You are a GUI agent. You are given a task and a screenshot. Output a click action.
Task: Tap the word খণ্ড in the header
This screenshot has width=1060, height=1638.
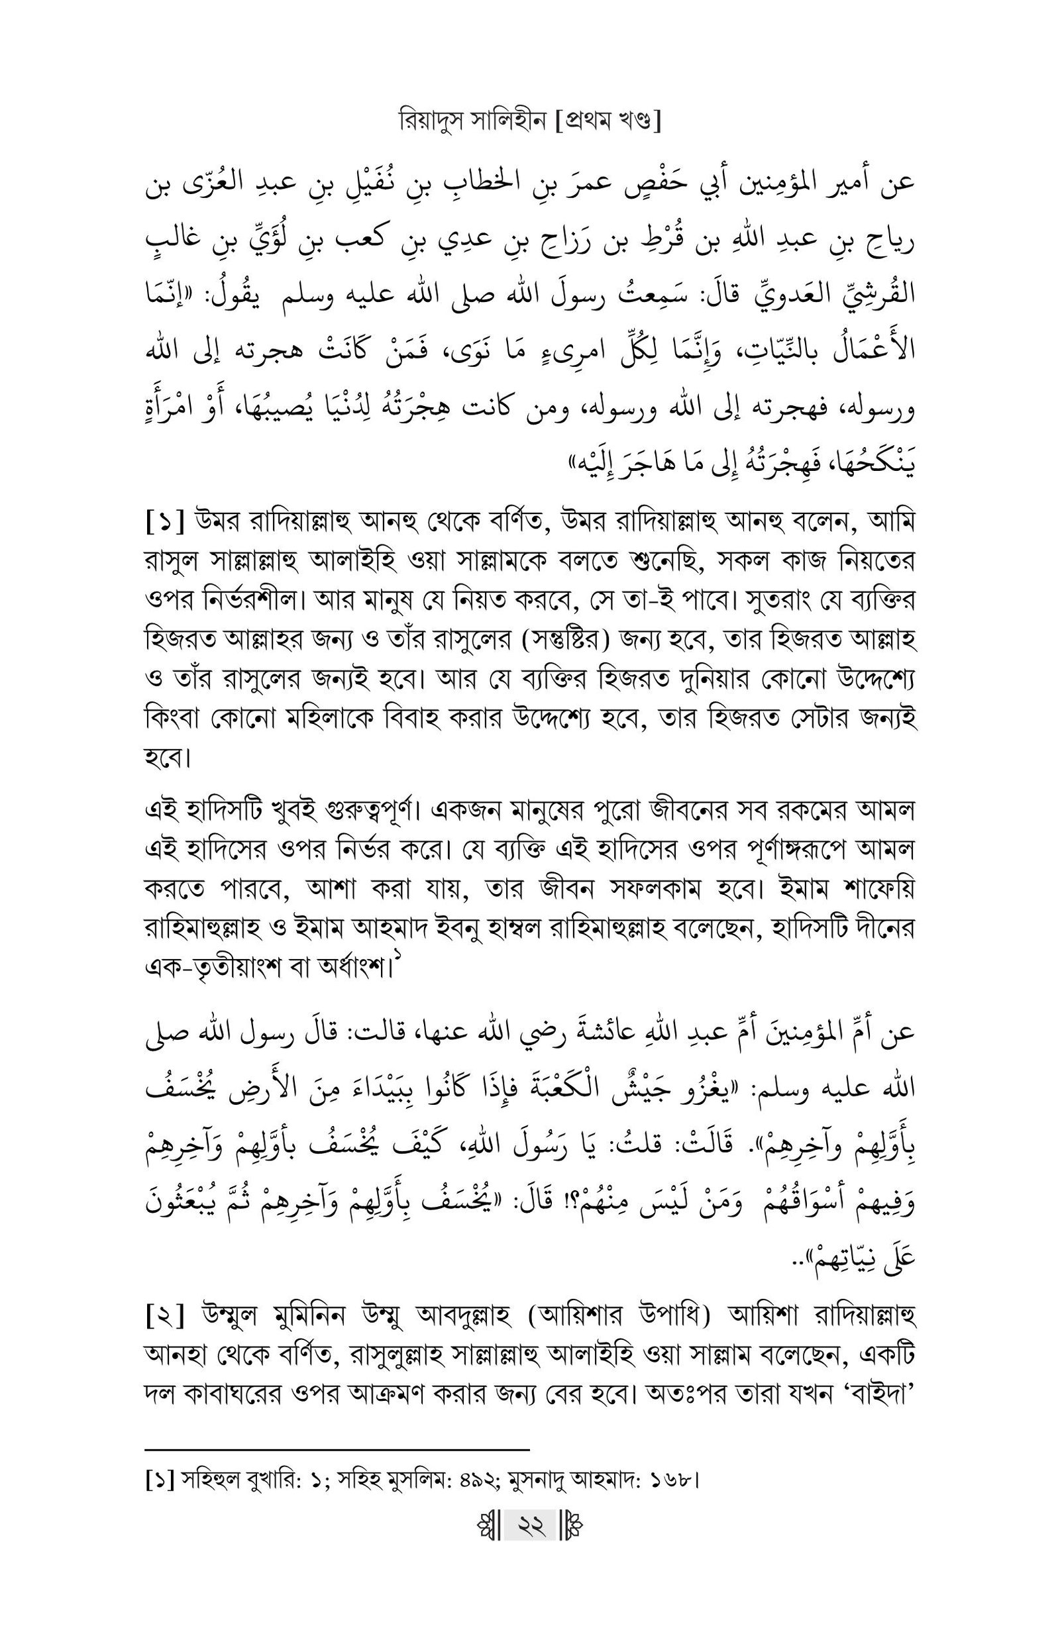[x=634, y=122]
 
